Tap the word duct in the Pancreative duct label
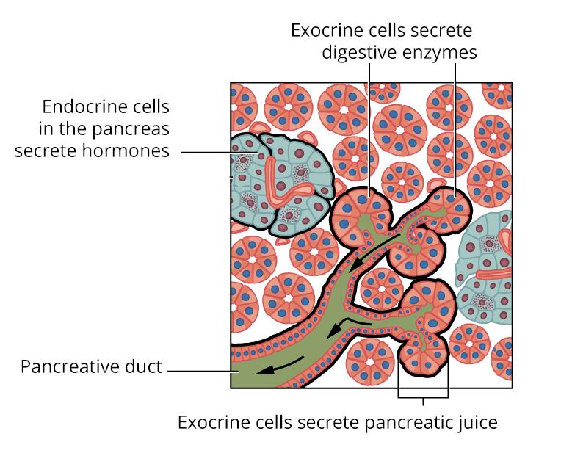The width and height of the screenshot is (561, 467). click(x=144, y=366)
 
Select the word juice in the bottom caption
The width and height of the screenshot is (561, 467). click(x=477, y=423)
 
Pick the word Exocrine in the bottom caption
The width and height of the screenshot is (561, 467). click(x=210, y=423)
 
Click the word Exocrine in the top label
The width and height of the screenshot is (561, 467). click(x=324, y=30)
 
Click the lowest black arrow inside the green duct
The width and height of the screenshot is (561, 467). click(x=280, y=366)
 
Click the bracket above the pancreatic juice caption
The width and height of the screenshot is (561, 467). click(x=423, y=397)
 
